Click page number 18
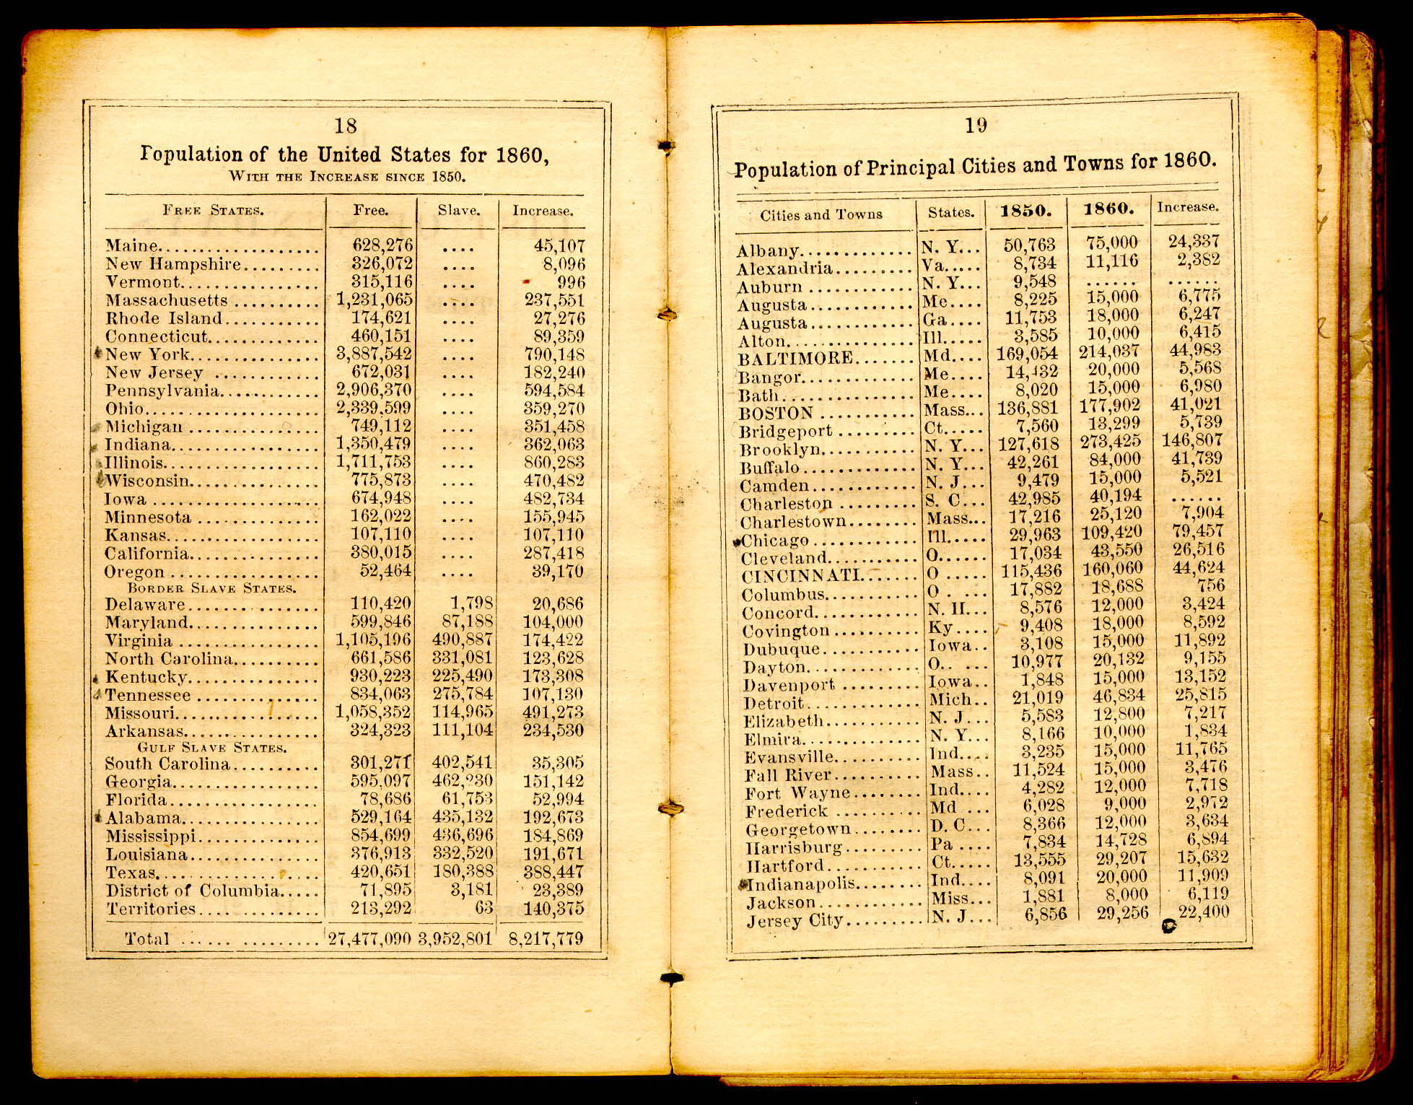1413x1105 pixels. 346,126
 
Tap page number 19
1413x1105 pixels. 976,126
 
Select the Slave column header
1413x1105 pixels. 459,211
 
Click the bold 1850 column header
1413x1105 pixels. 1025,211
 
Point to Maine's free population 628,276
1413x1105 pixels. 382,246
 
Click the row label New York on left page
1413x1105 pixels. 148,354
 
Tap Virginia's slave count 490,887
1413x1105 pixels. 463,639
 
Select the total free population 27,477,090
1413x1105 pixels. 369,938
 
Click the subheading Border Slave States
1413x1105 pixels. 211,588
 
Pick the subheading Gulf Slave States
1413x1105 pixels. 212,747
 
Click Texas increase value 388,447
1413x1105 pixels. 554,872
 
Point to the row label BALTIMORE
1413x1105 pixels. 795,359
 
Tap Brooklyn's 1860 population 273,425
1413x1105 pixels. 1110,441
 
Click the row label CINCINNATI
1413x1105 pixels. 802,576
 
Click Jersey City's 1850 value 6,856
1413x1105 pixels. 1044,914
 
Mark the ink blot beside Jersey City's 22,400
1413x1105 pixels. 1168,925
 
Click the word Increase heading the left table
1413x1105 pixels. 543,211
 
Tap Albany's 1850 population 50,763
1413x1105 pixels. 1029,245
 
